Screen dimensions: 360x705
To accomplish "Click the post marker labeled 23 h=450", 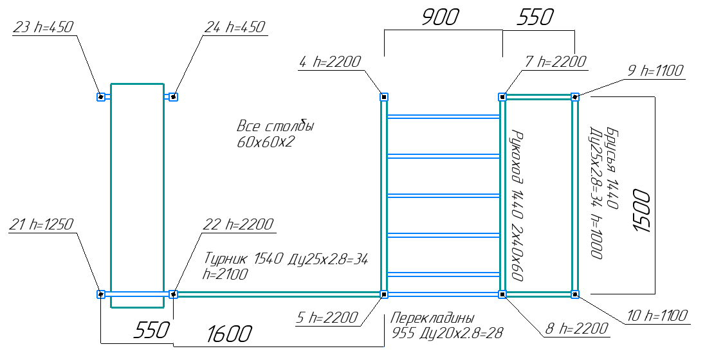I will pyautogui.click(x=101, y=97).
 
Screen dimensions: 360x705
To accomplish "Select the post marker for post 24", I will pyautogui.click(x=173, y=97).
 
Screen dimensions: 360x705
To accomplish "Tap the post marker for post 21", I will pyautogui.click(x=101, y=294).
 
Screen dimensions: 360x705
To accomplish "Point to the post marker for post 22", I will pyautogui.click(x=173, y=294).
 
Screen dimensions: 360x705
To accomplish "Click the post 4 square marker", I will pyautogui.click(x=384, y=97).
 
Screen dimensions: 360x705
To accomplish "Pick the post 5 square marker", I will pyautogui.click(x=384, y=294).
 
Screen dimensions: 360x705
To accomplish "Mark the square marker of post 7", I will pyautogui.click(x=502, y=97).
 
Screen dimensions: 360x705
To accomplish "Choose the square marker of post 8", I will pyautogui.click(x=502, y=294).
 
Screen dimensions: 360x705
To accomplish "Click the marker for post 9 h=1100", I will pyautogui.click(x=575, y=97).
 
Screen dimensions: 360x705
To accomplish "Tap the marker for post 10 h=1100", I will pyautogui.click(x=575, y=294).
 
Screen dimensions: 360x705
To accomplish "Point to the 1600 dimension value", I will pyautogui.click(x=229, y=334).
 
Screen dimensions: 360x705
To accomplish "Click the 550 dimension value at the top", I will pyautogui.click(x=535, y=18).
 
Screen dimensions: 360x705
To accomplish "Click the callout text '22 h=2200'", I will pyautogui.click(x=237, y=225).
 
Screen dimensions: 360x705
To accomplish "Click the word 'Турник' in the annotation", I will pyautogui.click(x=225, y=260).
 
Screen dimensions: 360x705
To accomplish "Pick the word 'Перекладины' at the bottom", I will pyautogui.click(x=432, y=318).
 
